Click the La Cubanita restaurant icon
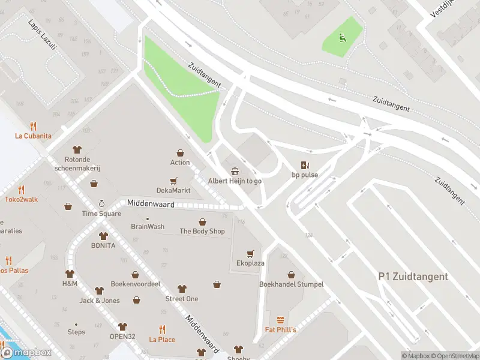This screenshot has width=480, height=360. (x=33, y=126)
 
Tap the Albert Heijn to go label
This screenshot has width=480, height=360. (x=235, y=181)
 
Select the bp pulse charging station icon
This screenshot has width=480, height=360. (x=305, y=166)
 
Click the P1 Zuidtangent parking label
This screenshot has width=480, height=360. (x=413, y=277)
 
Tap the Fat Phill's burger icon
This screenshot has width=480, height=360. (x=280, y=320)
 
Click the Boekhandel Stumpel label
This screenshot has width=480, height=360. (x=291, y=284)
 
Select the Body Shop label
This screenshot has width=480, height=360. (x=202, y=231)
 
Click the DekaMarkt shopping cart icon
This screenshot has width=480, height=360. (x=173, y=181)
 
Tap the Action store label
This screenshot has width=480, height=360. (x=180, y=163)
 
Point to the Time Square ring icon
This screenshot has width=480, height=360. (x=101, y=204)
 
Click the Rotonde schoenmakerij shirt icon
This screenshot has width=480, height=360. (x=77, y=149)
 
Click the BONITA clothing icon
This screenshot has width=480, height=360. (x=103, y=236)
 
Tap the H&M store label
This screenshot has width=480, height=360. (x=70, y=283)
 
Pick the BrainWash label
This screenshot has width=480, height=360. (x=148, y=227)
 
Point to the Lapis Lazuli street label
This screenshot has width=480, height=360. (x=41, y=34)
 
